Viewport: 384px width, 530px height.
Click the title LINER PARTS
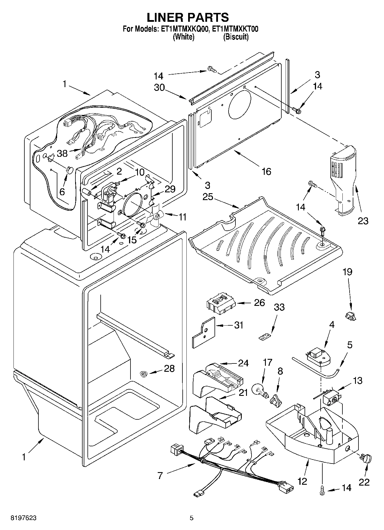[x=188, y=17]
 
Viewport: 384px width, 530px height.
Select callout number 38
[x=62, y=153]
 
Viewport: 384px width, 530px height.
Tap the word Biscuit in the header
[x=236, y=37]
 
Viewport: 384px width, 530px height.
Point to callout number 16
[x=266, y=171]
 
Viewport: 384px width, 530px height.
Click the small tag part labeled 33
[x=266, y=337]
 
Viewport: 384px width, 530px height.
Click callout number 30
[x=159, y=87]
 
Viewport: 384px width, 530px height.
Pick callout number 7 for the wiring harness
[x=160, y=476]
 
